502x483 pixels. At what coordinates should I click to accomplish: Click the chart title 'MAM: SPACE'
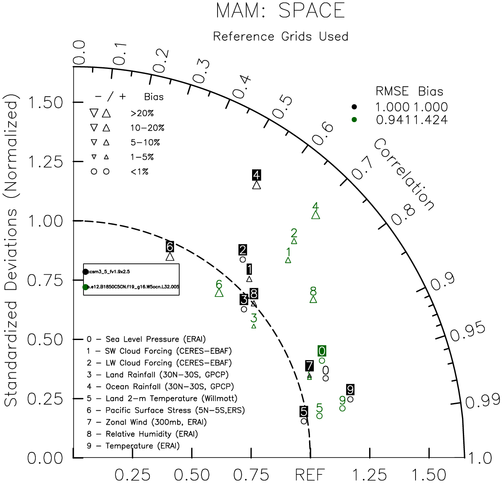(281, 11)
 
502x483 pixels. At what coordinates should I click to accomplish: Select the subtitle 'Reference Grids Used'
(281, 37)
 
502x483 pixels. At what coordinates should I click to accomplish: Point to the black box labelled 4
(256, 175)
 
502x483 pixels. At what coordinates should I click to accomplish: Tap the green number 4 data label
(316, 206)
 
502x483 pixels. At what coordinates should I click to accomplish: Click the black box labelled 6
(170, 246)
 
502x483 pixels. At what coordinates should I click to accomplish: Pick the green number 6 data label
(219, 284)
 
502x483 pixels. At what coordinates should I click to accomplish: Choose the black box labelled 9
(350, 389)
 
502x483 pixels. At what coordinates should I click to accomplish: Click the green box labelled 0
(322, 351)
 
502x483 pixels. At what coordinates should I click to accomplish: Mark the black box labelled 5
(304, 412)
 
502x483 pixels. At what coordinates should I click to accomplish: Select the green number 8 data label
(313, 291)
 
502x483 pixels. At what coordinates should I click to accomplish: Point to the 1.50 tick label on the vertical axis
(46, 103)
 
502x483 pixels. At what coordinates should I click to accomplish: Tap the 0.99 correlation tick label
(482, 401)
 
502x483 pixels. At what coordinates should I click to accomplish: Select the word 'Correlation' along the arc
(404, 174)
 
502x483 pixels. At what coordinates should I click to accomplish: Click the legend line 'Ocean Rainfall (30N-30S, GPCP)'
(161, 386)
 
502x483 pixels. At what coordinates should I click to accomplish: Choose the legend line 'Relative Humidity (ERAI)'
(143, 434)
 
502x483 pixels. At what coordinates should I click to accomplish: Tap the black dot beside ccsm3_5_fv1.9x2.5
(86, 272)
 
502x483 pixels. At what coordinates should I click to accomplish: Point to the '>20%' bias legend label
(142, 113)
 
